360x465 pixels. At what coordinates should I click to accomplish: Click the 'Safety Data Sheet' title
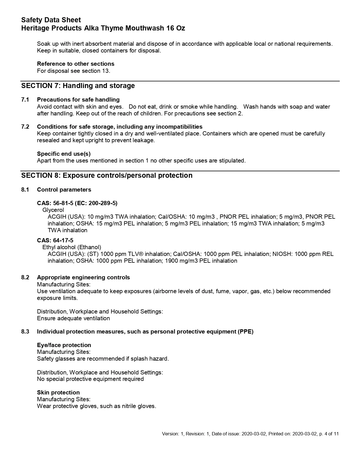coord(51,20)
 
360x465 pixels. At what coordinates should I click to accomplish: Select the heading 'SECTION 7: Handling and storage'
coord(78,86)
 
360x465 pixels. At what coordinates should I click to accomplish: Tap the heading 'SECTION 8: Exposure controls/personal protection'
coord(107,176)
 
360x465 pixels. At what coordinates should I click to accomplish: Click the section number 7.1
coord(25,100)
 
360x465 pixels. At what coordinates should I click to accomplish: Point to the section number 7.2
coord(25,127)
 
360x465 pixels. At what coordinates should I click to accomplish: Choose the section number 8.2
coord(25,277)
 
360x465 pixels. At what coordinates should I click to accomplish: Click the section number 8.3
coord(25,332)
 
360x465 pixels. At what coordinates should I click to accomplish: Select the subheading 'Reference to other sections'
coord(76,64)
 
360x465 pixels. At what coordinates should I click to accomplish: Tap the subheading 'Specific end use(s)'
coord(64,154)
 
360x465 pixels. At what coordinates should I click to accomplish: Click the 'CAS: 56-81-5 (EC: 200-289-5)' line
coord(77,203)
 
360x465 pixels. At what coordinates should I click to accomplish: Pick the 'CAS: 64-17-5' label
coord(55,240)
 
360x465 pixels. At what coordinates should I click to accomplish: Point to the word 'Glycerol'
coord(53,210)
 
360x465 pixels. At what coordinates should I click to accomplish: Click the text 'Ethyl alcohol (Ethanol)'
coord(72,247)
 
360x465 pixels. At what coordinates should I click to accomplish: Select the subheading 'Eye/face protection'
coord(64,345)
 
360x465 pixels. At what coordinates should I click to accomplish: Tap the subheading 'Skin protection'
coord(58,392)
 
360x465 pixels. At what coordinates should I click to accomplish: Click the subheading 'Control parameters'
coord(64,190)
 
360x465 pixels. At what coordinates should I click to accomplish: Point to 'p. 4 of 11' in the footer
coord(329,434)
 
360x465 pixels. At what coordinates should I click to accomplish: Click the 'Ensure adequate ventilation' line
coord(73,318)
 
